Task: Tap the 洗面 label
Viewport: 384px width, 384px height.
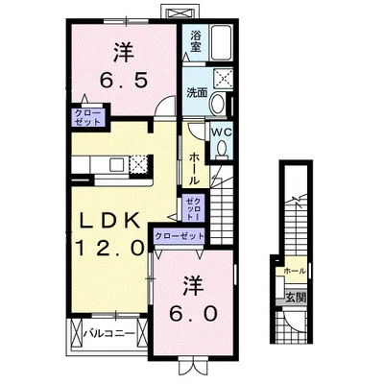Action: pos(197,92)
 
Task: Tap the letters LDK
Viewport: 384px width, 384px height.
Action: pos(109,221)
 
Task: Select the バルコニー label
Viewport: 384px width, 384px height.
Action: pos(112,334)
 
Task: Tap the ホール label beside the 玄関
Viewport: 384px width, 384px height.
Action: pos(294,272)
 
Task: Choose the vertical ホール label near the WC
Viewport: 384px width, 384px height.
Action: pos(195,167)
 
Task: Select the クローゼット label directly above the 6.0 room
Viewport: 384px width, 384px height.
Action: pos(179,235)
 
